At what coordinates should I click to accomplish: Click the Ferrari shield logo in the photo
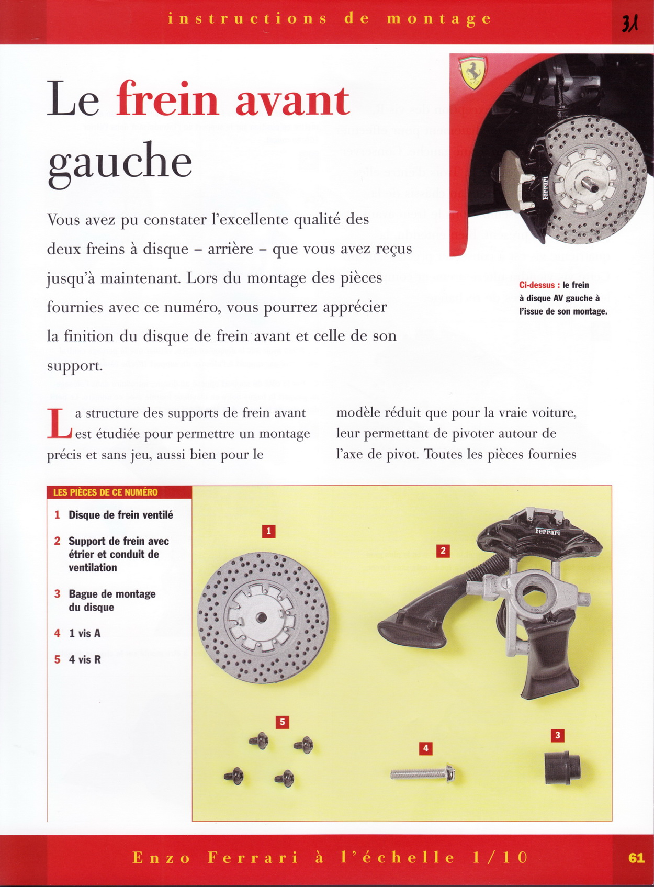pos(472,72)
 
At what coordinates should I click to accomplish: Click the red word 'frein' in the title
pos(167,99)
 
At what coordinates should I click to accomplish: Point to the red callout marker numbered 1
pos(268,532)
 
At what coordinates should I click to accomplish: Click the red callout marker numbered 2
pos(443,551)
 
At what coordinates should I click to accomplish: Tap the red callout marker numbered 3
pos(558,735)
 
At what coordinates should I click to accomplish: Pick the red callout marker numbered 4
pos(425,748)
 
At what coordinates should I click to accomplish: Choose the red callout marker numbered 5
pos(282,722)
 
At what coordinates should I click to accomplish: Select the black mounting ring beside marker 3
pos(561,768)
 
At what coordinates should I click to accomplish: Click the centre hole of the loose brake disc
pos(262,618)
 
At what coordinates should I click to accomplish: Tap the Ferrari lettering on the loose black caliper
pos(547,532)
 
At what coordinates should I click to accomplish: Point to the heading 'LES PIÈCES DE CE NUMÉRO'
pos(105,492)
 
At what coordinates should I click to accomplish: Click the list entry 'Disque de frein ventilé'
pos(120,515)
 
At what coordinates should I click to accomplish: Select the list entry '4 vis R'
pos(84,660)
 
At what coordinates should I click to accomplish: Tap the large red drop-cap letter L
pos(59,423)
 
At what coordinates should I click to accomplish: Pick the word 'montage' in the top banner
pos(439,19)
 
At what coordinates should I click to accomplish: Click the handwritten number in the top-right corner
pos(629,23)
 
